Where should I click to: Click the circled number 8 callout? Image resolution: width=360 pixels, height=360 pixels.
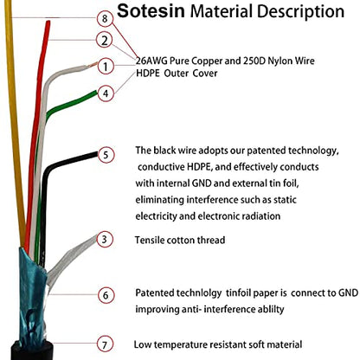click(x=105, y=18)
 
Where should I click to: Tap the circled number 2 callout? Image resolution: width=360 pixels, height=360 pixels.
click(x=105, y=40)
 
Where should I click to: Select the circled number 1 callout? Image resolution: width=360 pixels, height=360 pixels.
click(x=106, y=67)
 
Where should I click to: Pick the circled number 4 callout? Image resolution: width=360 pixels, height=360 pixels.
click(x=106, y=93)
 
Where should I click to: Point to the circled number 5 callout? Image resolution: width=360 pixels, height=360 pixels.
click(x=106, y=155)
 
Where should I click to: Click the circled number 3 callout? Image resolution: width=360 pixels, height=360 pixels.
click(x=105, y=239)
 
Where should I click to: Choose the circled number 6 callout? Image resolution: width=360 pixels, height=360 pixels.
click(x=106, y=295)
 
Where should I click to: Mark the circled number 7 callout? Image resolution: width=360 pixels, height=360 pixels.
click(x=105, y=344)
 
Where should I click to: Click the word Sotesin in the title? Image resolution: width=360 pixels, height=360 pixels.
click(x=151, y=11)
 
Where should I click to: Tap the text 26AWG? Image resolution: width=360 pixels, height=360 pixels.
click(x=151, y=61)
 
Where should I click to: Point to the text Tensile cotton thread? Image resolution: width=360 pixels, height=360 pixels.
click(x=180, y=240)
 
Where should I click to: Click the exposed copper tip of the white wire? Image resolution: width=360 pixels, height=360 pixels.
click(x=93, y=64)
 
